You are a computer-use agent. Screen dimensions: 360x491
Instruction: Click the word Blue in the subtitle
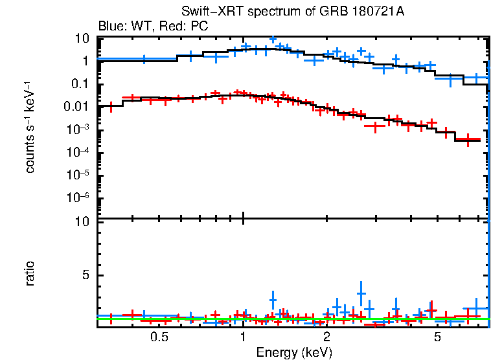(109, 27)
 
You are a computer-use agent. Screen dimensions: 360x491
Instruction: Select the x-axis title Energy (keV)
(294, 352)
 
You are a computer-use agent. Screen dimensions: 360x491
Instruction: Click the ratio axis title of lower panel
(30, 274)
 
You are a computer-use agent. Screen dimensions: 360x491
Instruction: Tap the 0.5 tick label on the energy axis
(159, 337)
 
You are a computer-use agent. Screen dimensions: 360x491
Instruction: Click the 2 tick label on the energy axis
(326, 337)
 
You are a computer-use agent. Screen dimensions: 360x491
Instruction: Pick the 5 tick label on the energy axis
(437, 337)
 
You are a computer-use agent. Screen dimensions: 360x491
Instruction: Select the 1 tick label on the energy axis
(242, 337)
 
